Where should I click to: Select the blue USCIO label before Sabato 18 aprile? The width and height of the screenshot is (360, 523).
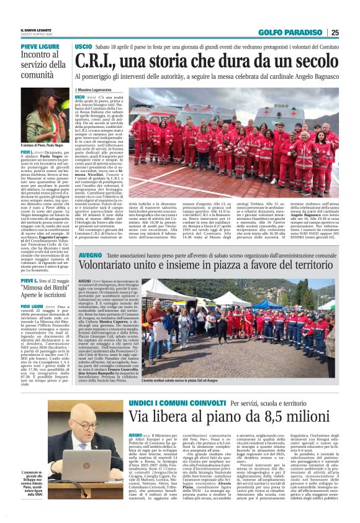click(x=83, y=47)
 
